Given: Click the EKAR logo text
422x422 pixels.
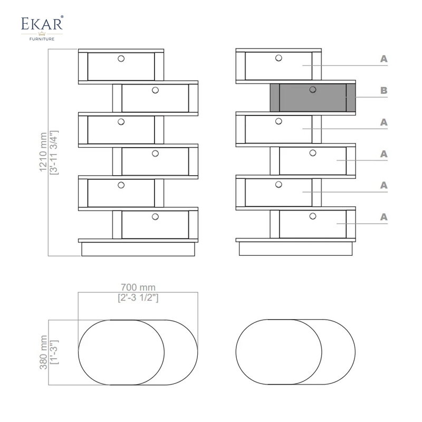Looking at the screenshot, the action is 42,23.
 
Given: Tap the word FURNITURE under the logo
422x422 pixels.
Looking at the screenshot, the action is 42,39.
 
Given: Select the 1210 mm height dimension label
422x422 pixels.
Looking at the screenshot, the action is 43,152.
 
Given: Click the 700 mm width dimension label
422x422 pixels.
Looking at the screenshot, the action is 138,287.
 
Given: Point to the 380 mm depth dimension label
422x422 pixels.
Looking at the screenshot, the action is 43,352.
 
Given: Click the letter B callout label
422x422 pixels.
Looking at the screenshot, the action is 384,90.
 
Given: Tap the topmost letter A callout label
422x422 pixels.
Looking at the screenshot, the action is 384,59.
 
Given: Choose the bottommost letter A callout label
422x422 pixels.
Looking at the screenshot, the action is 384,217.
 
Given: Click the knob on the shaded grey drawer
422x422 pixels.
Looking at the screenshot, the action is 313,90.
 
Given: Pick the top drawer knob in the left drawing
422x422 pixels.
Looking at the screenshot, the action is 121,59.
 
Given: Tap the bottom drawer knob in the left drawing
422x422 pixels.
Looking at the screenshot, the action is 155,217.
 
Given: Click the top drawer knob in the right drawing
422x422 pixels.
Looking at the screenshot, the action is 279,58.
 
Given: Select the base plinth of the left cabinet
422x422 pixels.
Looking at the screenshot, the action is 138,249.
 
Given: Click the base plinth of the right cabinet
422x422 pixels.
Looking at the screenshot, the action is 295,248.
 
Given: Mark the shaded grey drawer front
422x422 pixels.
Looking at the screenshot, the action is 313,98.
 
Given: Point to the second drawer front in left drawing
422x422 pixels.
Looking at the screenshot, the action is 155,98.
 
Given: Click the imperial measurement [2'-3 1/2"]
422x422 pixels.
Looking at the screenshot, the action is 138,298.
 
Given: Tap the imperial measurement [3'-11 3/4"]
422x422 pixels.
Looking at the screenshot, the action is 54,152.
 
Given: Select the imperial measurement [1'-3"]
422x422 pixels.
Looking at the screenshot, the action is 54,352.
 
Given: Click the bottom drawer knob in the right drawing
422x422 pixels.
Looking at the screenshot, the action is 313,216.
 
